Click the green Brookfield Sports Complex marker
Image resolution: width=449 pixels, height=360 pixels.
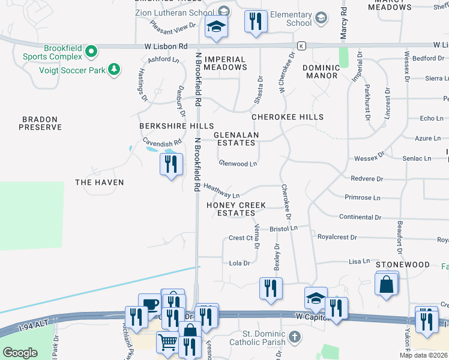91,52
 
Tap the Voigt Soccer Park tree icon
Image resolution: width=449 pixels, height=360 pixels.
112,70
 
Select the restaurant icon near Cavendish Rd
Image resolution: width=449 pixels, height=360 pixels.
171,164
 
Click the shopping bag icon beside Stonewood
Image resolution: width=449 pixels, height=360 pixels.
387,284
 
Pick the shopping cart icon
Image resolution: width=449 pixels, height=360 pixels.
167,341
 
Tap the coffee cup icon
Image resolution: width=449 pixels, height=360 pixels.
149,304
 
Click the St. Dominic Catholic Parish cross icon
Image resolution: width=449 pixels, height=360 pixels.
294,337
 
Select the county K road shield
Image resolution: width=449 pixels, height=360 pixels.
301,46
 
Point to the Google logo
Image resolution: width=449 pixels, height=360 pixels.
20,352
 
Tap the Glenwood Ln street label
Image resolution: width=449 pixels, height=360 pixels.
238,163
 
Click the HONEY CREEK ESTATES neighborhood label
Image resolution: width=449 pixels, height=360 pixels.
235,209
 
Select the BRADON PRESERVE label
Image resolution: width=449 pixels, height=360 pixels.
41,124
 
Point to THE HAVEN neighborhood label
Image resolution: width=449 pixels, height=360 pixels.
99,182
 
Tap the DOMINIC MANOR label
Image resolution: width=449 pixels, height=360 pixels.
321,72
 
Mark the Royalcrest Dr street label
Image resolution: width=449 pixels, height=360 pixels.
337,237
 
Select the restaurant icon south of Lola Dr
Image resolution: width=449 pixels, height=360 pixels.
270,288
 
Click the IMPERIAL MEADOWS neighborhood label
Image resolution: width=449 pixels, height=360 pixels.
225,63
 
